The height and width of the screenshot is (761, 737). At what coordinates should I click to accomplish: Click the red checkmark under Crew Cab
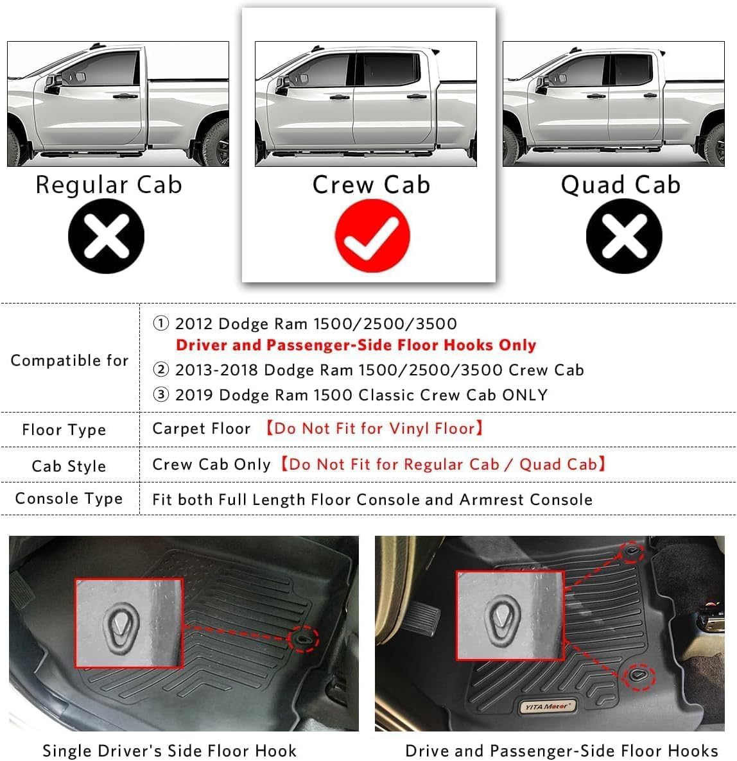click(372, 235)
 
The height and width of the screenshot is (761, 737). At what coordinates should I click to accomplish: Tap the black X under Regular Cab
click(107, 236)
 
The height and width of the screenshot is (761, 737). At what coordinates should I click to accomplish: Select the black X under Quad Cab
click(623, 236)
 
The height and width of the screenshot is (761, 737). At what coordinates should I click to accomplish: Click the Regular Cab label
click(108, 185)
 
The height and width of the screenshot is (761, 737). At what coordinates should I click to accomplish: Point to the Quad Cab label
click(620, 185)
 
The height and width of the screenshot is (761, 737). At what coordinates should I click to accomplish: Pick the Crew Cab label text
click(371, 185)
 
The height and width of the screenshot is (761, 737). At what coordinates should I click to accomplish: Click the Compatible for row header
click(69, 361)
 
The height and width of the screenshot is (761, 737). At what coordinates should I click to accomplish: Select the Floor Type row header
click(64, 430)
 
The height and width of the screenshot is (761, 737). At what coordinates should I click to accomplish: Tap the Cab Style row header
click(69, 466)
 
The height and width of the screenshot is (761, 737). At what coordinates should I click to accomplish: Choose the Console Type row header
click(69, 499)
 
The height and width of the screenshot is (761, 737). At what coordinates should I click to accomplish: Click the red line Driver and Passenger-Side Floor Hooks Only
click(356, 345)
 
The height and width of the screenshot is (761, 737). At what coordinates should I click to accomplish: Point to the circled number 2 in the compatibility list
click(160, 370)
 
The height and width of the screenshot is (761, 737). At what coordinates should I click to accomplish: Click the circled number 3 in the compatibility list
click(160, 395)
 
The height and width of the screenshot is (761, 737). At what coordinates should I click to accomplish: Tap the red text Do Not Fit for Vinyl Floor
click(374, 429)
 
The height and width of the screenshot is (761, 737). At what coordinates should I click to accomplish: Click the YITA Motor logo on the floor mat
click(546, 706)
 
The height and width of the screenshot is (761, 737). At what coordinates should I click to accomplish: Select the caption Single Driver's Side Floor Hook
click(169, 751)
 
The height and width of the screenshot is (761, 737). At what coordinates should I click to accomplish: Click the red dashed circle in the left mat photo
click(303, 639)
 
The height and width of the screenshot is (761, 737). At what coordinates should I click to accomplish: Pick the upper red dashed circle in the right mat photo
click(632, 552)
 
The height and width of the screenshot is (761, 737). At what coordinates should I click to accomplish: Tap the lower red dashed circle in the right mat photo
click(639, 676)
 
